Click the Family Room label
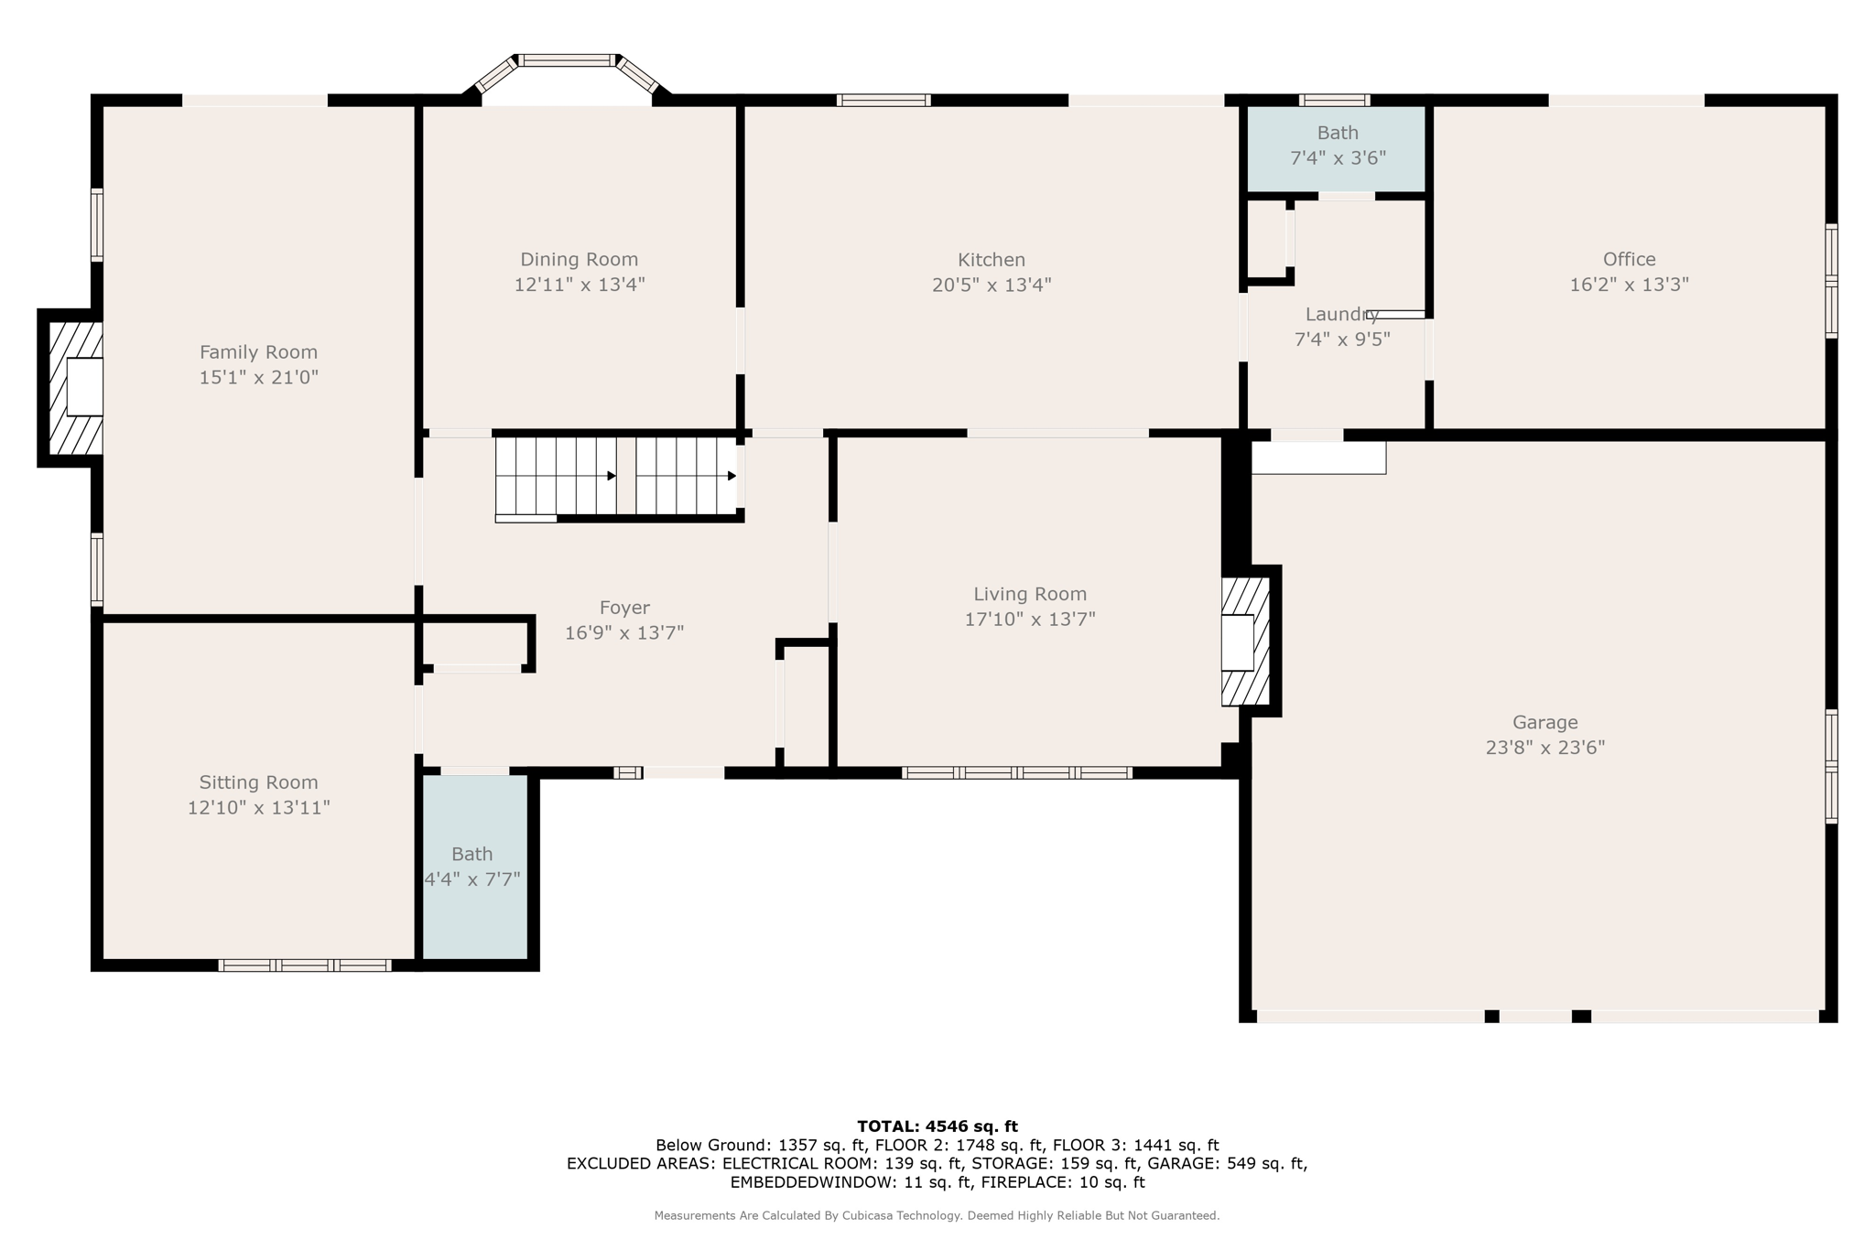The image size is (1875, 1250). coord(258,352)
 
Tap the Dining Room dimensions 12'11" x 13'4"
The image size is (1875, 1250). coord(579,285)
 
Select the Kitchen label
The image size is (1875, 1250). coord(991,260)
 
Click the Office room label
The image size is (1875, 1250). coord(1629,259)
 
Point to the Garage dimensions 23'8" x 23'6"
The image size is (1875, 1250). coord(1544,748)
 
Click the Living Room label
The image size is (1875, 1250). coord(1029,594)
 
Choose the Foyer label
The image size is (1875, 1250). coord(624,608)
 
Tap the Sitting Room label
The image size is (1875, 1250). coord(258,782)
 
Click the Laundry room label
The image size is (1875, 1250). coord(1341,315)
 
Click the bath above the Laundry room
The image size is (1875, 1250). coord(1337,146)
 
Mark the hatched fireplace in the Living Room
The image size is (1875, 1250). coord(1244,641)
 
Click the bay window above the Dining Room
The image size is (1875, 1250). coord(567,60)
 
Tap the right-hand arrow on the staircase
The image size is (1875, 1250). coord(732,476)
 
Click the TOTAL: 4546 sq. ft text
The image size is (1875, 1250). coord(937,1126)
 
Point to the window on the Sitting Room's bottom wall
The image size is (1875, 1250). coord(305,964)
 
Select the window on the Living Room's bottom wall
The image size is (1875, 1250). coord(1016,773)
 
